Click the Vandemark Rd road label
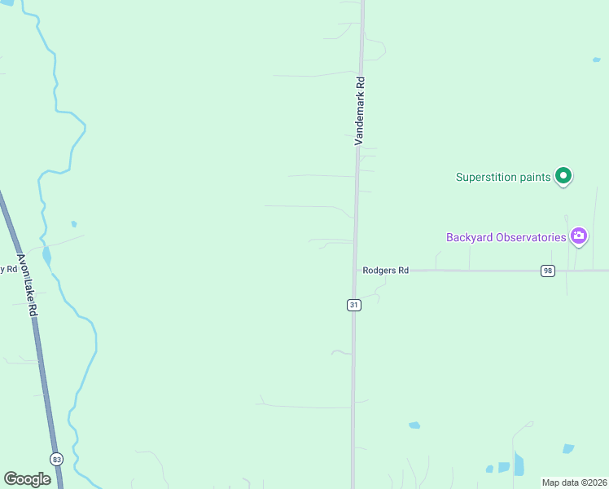358,111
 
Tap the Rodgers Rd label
385,271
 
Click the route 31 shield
353,304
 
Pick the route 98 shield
547,271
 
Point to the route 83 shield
56,459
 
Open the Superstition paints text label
502,177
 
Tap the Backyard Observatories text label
506,237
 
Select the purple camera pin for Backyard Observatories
579,236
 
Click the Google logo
27,479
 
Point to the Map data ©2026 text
574,482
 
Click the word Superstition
485,177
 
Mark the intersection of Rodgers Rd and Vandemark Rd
354,271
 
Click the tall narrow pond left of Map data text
519,464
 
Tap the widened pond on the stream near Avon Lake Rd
46,258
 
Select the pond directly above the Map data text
567,448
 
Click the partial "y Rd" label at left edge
8,268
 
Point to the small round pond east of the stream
74,223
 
